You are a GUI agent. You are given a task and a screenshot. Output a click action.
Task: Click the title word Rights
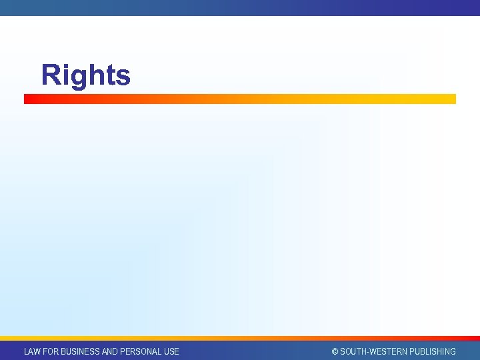[85, 75]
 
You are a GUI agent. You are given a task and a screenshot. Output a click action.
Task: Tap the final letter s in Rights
[122, 78]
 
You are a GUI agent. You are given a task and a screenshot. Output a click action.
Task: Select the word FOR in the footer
[51, 351]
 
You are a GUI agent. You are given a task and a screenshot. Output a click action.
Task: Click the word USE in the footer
[171, 351]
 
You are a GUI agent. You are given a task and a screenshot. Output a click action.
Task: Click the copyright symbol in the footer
[335, 351]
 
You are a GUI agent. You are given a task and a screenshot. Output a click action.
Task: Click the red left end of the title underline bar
[28, 99]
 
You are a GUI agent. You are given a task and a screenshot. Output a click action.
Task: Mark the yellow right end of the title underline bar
[452, 99]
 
